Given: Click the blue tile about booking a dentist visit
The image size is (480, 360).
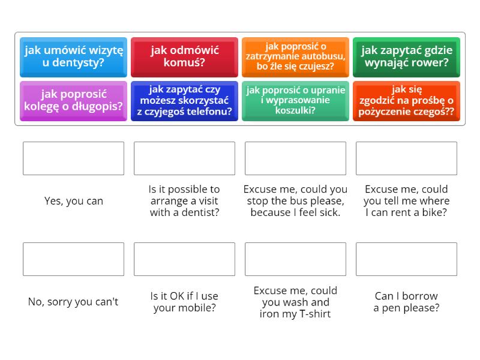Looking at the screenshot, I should (x=73, y=56).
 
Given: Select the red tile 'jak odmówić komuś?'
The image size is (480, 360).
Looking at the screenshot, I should (x=184, y=56).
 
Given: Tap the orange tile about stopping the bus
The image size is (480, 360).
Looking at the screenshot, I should (x=295, y=56).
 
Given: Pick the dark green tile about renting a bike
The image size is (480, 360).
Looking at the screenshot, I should (x=406, y=56).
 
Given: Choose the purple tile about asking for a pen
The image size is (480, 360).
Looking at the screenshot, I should (x=73, y=101).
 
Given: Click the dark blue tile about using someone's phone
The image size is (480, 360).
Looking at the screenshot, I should (x=184, y=101).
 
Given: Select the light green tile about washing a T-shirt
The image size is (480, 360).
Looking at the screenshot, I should (x=295, y=101).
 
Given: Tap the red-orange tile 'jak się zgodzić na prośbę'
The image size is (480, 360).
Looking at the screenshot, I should (x=406, y=101).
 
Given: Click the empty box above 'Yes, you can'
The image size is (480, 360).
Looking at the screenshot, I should (x=73, y=158).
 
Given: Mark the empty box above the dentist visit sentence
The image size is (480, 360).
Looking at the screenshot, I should (x=184, y=158).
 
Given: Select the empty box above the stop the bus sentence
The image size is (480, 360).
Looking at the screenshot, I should (x=295, y=158).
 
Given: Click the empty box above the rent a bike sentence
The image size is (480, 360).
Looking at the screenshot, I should (x=406, y=158).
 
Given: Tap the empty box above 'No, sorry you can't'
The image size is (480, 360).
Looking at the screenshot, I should (x=73, y=259).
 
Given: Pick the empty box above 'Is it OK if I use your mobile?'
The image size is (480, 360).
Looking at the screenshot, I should (x=184, y=259).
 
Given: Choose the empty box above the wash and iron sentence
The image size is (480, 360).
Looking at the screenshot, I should (x=295, y=259).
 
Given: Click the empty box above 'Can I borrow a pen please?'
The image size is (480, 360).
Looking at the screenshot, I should (x=406, y=259).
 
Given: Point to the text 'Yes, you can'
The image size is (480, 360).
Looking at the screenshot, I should (x=73, y=201).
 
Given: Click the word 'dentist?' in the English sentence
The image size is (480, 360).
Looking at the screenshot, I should (x=199, y=212).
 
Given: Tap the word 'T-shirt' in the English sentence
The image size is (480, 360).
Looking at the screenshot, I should (x=313, y=314).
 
